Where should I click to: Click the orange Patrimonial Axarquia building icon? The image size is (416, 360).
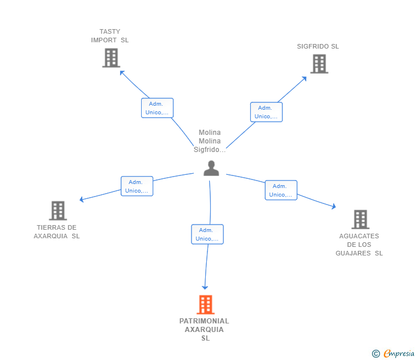point(206,305)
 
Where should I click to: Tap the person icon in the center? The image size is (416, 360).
point(211,168)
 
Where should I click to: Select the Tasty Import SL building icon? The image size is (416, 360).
point(111,58)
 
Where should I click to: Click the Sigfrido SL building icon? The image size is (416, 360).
point(319,64)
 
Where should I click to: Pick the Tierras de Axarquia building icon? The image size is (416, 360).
point(58,211)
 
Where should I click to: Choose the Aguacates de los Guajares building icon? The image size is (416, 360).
point(360,219)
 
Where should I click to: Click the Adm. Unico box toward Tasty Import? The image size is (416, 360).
point(157,108)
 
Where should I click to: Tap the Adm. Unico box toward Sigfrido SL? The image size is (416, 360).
point(266,112)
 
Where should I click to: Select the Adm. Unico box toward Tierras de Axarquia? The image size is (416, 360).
point(137,186)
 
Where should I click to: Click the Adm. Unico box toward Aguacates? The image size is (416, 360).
point(281,190)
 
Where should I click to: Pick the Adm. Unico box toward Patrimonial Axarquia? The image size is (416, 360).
point(207,234)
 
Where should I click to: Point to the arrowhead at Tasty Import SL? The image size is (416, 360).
point(122,73)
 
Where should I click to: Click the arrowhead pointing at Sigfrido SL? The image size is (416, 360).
point(305,78)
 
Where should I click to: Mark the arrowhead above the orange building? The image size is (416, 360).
point(205,287)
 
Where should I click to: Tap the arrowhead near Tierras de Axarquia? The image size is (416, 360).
point(82,199)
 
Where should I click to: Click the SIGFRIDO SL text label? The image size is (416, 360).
point(318,46)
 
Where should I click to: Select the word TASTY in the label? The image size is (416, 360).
point(110,31)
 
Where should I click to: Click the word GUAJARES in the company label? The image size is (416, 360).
point(353,253)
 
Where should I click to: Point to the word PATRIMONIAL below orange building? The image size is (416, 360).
point(205,321)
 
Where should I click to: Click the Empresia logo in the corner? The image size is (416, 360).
point(393,353)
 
